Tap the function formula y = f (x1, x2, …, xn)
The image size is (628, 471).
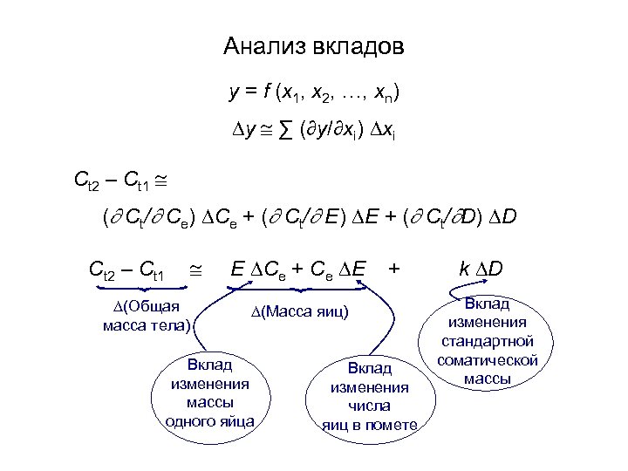coord(314,92)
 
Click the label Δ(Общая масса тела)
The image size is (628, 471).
coord(145,315)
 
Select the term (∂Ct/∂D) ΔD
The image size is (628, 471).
coord(467,213)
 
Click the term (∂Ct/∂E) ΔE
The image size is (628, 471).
coord(336,213)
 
